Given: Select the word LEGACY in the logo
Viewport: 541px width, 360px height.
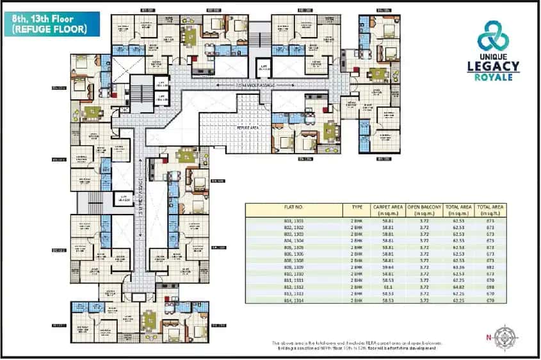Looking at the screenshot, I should pyautogui.click(x=498, y=65).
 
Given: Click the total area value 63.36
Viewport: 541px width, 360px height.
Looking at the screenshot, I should pyautogui.click(x=458, y=266).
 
